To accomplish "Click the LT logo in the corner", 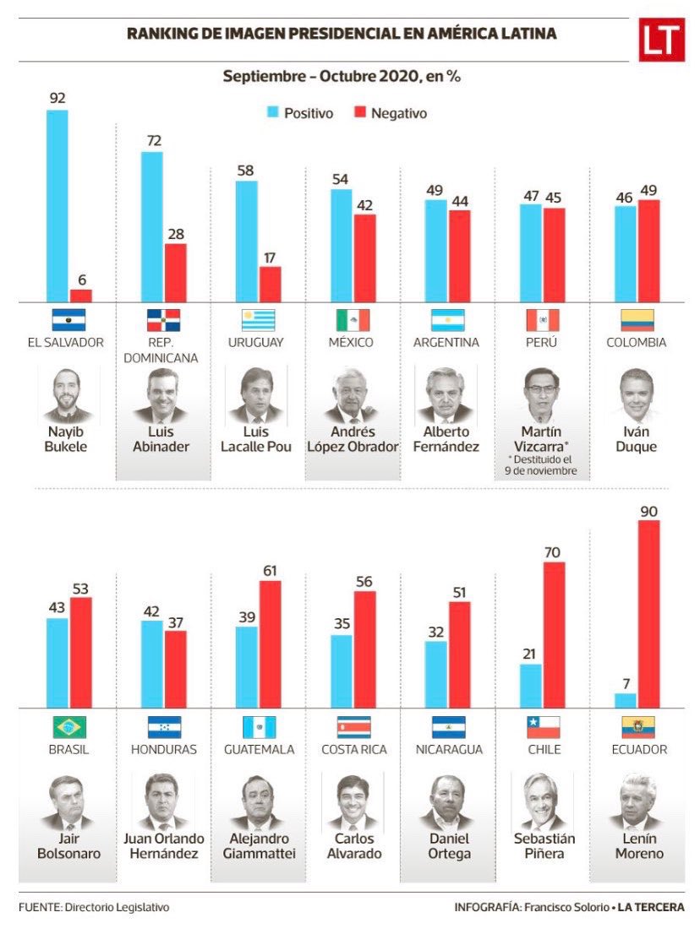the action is (661, 40).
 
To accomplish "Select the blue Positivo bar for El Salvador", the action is (57, 206).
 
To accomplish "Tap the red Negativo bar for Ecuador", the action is (648, 614).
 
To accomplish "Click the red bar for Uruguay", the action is (270, 285).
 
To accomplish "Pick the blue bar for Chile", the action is (530, 687).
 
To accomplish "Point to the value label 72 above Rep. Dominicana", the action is (154, 140).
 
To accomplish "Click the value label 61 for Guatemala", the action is (270, 571).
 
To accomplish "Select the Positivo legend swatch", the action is (272, 112).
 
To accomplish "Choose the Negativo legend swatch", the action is (359, 112).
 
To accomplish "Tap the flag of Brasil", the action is (69, 727).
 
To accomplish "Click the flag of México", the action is (353, 320).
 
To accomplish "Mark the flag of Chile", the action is (544, 727).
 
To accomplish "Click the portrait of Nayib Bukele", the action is (66, 395).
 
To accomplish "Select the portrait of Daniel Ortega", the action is (449, 802).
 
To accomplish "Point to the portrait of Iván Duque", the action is (637, 395).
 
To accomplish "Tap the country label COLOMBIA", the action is (637, 343).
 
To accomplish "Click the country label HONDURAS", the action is (164, 749).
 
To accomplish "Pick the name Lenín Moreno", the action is (639, 846).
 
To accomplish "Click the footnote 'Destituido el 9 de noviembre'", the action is (541, 465).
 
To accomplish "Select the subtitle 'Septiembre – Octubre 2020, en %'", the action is (342, 76).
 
